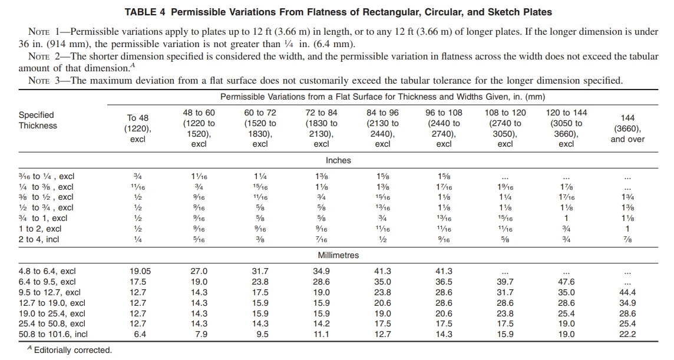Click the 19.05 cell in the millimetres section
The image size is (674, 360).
[140, 272]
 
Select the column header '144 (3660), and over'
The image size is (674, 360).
[627, 128]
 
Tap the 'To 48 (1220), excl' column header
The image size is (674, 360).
[137, 128]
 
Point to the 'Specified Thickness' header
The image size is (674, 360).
[38, 120]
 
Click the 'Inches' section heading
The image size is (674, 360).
[338, 160]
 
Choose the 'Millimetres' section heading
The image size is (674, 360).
[338, 255]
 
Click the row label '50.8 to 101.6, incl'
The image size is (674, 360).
[53, 334]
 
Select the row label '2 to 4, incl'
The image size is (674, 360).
[39, 239]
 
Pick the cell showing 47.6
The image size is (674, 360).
[566, 282]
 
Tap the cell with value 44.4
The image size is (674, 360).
[627, 292]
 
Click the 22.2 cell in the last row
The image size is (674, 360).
[627, 334]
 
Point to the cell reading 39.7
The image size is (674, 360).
[505, 282]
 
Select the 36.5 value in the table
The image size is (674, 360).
[444, 282]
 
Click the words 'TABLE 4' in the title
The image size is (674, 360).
[145, 12]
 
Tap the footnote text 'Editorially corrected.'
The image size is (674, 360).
[73, 350]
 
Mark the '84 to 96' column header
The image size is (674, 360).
[382, 113]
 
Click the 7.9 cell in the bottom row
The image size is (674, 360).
[201, 334]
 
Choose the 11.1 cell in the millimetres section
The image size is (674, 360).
[321, 334]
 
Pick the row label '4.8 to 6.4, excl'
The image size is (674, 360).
[47, 272]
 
